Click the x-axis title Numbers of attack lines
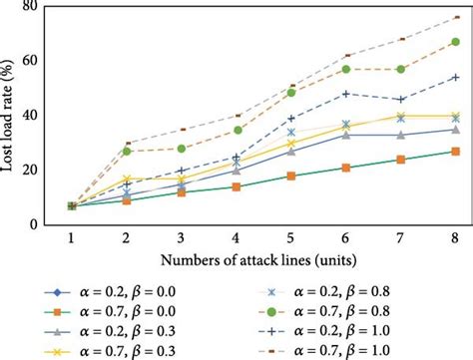pyautogui.click(x=263, y=262)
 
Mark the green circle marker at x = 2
pyautogui.click(x=127, y=151)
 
